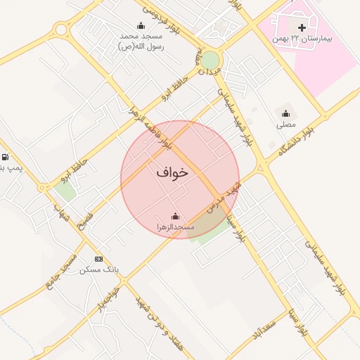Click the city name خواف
(x=172, y=172)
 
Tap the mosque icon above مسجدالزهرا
(x=175, y=217)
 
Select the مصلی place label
(x=285, y=124)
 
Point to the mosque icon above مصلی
(x=285, y=113)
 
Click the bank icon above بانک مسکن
(x=98, y=259)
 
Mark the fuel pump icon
(x=6, y=157)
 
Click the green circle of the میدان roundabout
(x=210, y=60)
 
